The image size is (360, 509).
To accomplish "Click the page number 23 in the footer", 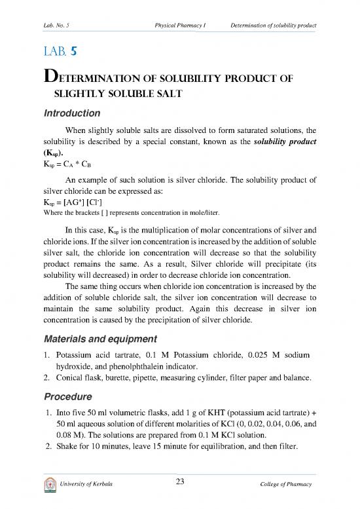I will [x=179, y=483].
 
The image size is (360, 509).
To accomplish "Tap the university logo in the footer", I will [x=48, y=484].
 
